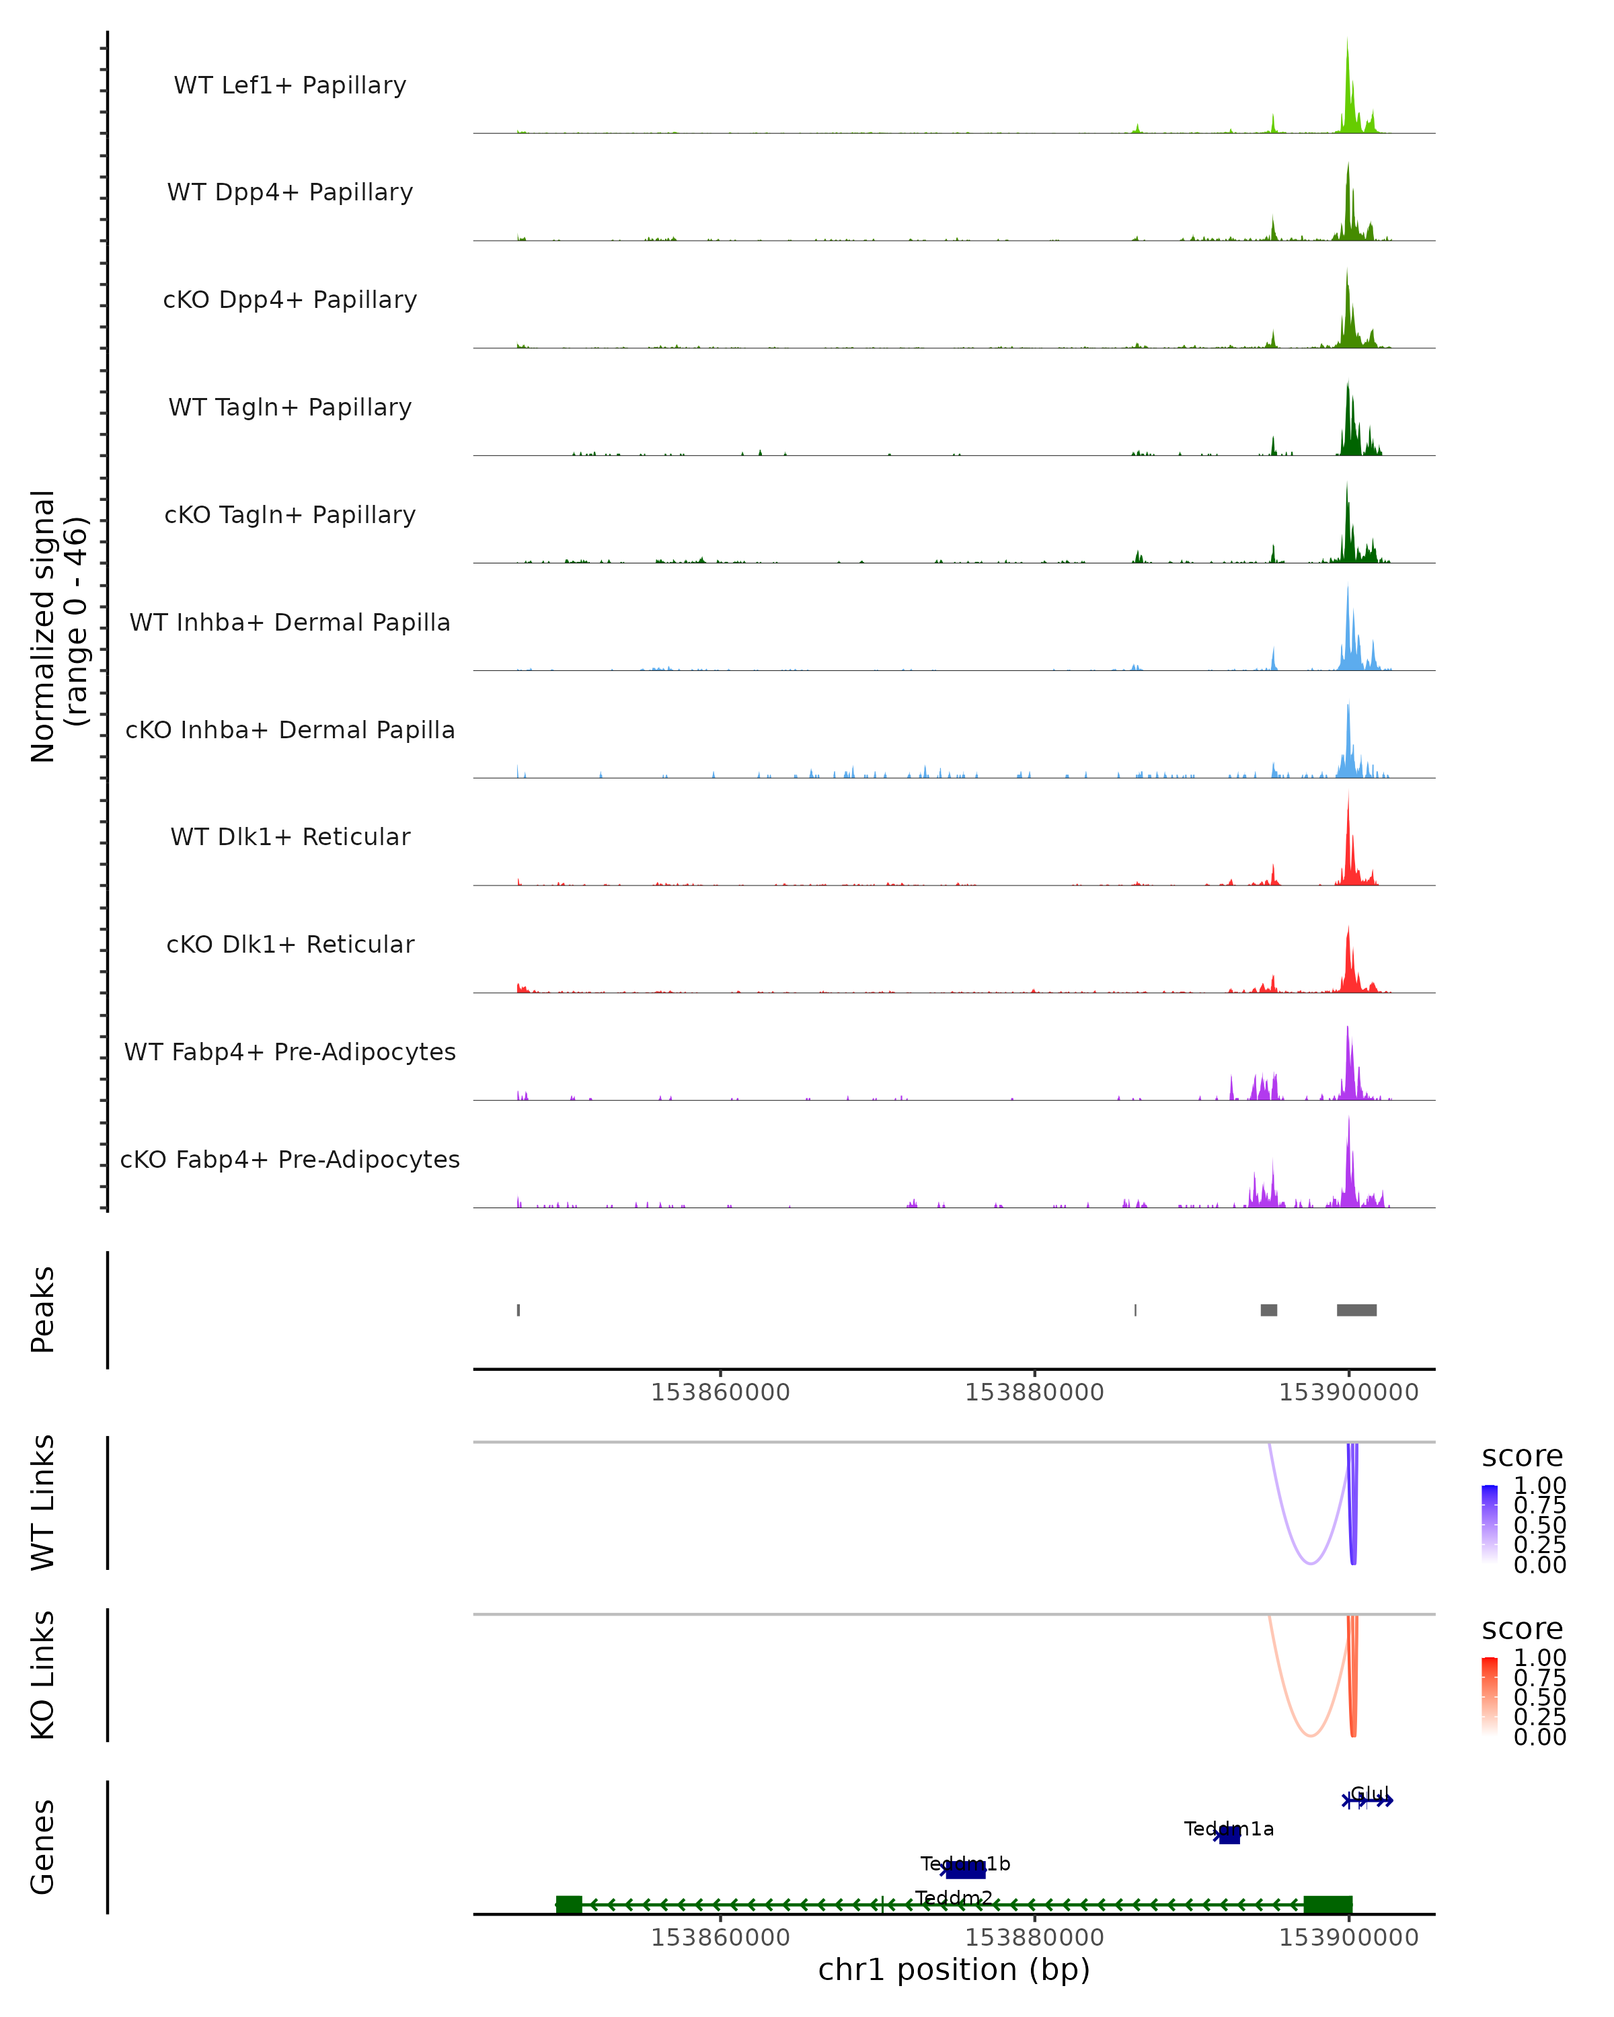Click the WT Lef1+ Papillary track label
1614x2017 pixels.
tap(290, 85)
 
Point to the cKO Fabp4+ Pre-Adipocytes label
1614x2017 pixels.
tap(290, 1159)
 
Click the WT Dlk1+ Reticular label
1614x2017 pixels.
tap(290, 836)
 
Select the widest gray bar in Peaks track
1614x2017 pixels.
tap(1356, 1310)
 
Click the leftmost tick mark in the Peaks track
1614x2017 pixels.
tap(518, 1310)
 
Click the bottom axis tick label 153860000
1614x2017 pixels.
tap(720, 1938)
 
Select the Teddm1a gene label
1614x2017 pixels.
tap(1229, 1829)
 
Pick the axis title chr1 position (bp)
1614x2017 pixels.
tap(954, 1969)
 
